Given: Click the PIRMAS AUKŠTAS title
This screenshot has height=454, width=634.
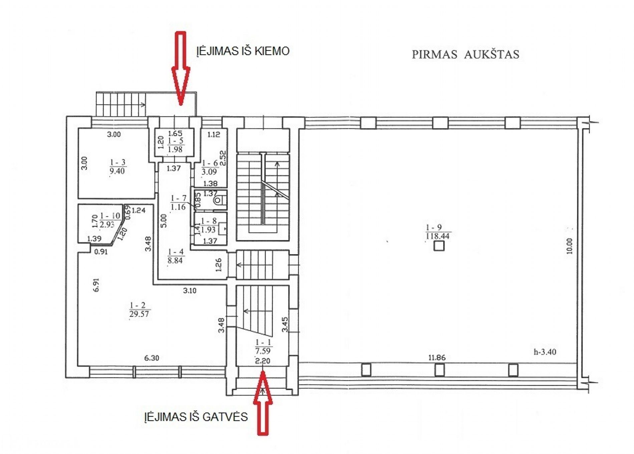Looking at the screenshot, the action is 465,54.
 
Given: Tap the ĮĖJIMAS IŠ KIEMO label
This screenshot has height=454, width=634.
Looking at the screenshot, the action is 243,51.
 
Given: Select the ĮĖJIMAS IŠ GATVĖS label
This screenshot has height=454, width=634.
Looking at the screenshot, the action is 196,417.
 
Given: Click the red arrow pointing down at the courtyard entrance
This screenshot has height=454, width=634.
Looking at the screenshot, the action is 181,68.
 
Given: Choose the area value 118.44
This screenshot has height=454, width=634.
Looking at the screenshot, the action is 438,236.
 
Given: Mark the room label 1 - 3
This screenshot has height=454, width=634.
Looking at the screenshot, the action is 118,162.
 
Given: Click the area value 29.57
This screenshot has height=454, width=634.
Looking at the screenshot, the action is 139,314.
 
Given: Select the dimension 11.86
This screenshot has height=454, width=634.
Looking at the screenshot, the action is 437,358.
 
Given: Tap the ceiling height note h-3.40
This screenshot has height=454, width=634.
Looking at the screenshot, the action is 545,352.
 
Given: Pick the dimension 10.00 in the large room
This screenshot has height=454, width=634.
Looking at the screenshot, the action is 569,246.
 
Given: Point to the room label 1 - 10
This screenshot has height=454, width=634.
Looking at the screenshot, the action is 110,216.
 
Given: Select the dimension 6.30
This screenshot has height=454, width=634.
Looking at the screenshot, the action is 151,358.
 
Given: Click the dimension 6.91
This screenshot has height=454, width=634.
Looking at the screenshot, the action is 96,285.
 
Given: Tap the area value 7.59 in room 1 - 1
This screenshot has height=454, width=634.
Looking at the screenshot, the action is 263,351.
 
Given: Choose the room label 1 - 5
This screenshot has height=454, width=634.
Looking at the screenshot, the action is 176,141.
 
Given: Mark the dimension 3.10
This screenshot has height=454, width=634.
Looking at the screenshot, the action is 190,291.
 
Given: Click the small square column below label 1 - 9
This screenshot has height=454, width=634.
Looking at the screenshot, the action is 439,246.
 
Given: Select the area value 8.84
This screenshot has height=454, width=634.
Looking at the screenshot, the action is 175,260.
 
